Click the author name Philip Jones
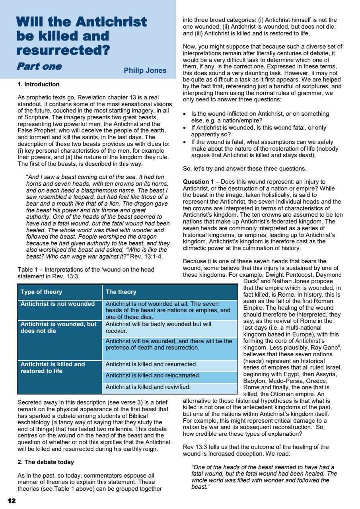tap(145, 70)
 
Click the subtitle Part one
tap(39, 66)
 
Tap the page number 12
tap(12, 500)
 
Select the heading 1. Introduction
tap(39, 84)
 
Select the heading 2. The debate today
tap(46, 462)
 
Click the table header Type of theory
tap(41, 292)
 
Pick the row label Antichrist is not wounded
tap(58, 304)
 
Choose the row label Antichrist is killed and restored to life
tap(53, 367)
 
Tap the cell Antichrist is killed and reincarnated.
tap(153, 375)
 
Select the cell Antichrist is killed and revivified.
tap(148, 386)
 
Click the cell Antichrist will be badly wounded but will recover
tap(158, 327)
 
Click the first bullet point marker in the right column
tap(185, 114)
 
